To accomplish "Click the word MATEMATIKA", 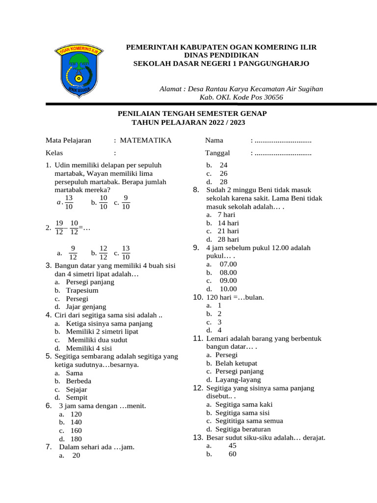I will [146, 140].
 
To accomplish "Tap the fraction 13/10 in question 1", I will [69, 202].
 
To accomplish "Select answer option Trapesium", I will [82, 290].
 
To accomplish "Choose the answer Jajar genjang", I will [86, 307].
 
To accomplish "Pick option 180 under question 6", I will [76, 439].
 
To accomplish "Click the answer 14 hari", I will [228, 223].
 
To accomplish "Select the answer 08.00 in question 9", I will [228, 273].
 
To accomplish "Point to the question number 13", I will [198, 438].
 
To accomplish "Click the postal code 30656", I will [273, 97].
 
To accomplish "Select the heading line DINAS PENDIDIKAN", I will [221, 56].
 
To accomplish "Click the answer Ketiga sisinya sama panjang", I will [109, 323].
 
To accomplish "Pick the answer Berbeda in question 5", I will [79, 381].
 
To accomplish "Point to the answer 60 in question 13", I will [232, 454].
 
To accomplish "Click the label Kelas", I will [54, 153].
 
